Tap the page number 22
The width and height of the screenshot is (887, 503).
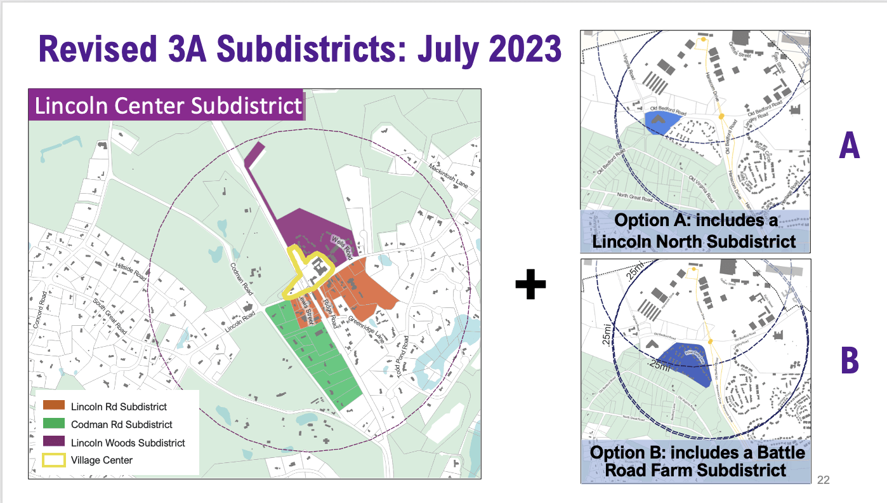[x=824, y=480]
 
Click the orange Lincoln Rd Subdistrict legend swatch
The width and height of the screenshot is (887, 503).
[x=54, y=406]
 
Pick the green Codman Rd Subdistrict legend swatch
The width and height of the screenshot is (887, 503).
[x=54, y=424]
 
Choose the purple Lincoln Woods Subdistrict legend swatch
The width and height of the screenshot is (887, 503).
[x=54, y=442]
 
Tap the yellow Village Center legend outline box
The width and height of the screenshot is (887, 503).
[x=54, y=460]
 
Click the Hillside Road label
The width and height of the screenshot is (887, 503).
[x=131, y=271]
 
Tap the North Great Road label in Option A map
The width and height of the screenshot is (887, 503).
[x=636, y=196]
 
